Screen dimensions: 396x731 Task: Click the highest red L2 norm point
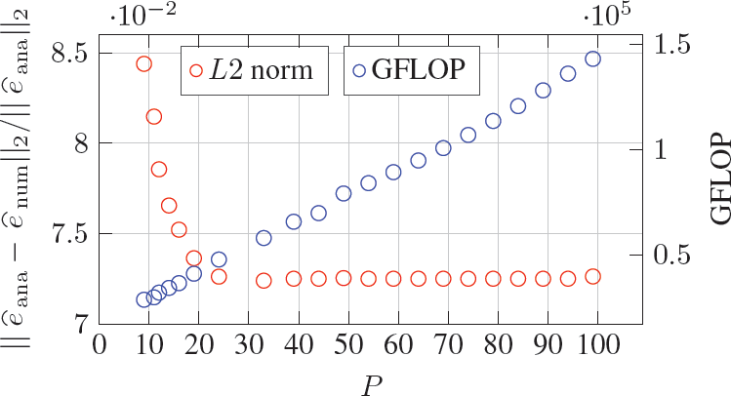pyautogui.click(x=143, y=64)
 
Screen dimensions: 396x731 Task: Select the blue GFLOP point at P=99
pyautogui.click(x=592, y=59)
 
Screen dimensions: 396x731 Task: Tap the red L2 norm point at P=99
pyautogui.click(x=592, y=276)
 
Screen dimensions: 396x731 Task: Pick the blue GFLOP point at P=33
pyautogui.click(x=264, y=238)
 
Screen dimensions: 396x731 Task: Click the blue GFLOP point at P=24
pyautogui.click(x=219, y=259)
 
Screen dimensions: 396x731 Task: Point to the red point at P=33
pyautogui.click(x=264, y=281)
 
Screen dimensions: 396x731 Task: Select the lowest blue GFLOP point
pyautogui.click(x=143, y=299)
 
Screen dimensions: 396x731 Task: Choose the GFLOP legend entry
pyautogui.click(x=411, y=70)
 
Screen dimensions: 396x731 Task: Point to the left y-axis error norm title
pyautogui.click(x=18, y=184)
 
